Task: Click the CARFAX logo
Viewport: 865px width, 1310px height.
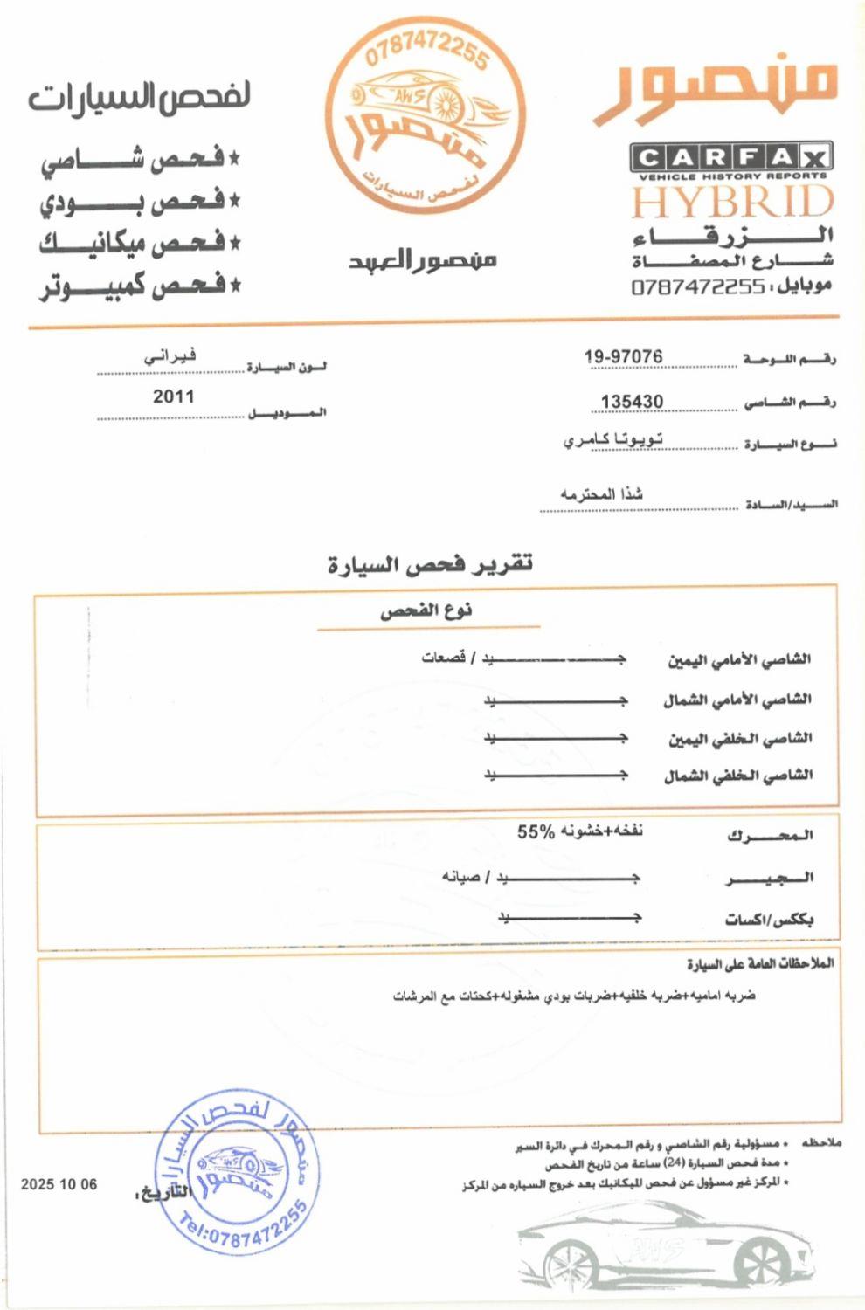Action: [730, 158]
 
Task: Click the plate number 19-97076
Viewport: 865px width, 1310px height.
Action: [623, 356]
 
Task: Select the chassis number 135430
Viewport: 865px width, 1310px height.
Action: [632, 401]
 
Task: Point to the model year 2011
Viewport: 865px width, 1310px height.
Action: [173, 396]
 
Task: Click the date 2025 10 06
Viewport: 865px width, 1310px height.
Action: [59, 1185]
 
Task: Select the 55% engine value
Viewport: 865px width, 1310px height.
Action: [536, 831]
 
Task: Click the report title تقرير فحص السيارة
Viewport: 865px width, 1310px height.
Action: [430, 564]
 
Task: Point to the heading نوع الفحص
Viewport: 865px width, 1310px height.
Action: [426, 610]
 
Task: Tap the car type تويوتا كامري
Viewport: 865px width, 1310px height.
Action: [612, 439]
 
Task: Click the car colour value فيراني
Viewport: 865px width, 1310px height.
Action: [170, 355]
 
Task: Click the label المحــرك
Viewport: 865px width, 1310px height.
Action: [770, 836]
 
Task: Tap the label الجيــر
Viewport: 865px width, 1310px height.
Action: [770, 878]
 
